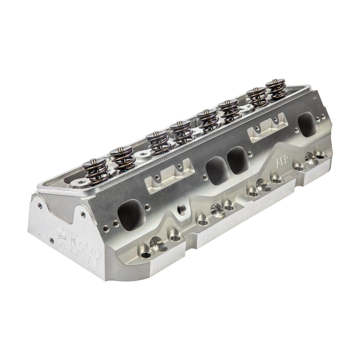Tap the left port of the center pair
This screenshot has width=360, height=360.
216,170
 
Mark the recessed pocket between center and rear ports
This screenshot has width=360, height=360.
269,126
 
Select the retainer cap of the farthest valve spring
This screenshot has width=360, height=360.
275,82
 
